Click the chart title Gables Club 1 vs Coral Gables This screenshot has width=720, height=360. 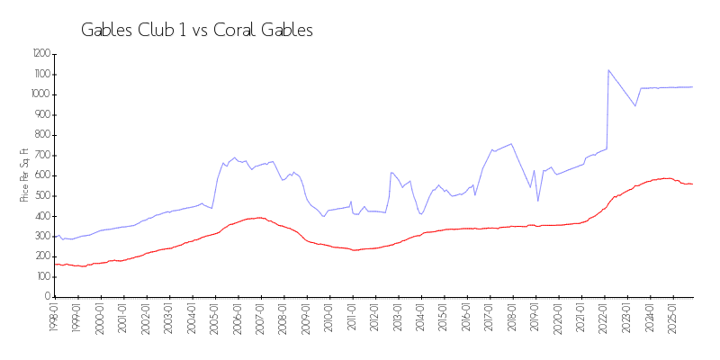197,30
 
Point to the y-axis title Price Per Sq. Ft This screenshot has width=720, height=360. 24,175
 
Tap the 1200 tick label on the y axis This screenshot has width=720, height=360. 40,54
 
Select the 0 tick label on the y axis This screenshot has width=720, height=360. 47,297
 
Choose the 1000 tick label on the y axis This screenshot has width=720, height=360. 40,94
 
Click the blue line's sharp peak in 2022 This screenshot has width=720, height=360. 608,69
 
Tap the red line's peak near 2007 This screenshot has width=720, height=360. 260,218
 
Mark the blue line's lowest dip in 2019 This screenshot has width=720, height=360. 538,201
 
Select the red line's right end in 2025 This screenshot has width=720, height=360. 692,184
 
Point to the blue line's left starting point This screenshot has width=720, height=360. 54,237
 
